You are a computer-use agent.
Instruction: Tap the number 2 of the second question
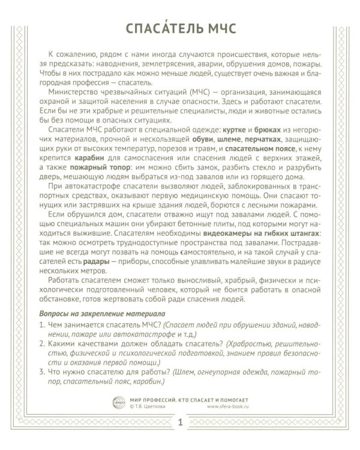tap(41, 346)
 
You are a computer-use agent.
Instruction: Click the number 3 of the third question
tap(41, 379)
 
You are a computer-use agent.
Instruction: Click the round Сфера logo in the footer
tap(118, 404)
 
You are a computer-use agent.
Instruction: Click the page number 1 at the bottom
tap(179, 425)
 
